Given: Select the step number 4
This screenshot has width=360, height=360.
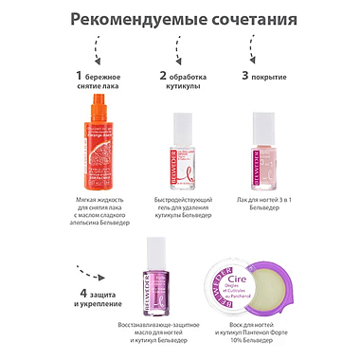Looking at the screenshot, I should coord(84,293).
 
